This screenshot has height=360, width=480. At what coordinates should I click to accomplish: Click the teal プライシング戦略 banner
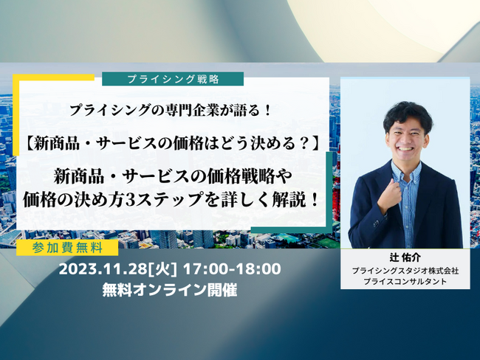point(173,79)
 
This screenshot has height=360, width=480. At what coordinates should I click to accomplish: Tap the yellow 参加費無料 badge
point(67,248)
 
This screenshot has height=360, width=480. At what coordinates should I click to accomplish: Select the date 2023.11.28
point(103,269)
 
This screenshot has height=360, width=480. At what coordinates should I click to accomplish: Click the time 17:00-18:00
point(232,269)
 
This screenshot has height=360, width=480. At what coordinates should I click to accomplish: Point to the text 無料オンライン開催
point(170,290)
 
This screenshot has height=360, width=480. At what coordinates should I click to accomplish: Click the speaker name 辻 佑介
point(405,258)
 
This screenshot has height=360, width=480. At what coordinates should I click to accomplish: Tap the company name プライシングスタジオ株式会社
point(405,271)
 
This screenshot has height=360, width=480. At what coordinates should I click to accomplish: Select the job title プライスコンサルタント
point(405,281)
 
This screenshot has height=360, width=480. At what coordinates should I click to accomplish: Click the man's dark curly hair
point(407,114)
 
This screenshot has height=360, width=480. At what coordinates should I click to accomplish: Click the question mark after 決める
point(304,143)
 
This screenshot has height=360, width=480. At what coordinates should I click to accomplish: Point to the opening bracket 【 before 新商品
point(29,143)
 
